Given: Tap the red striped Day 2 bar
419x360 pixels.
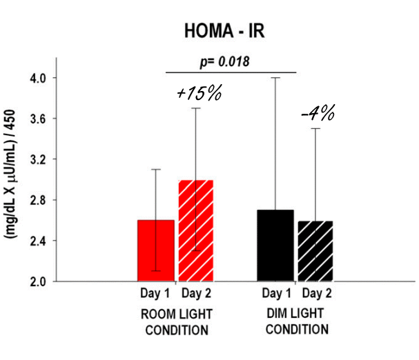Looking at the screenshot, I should [x=195, y=231].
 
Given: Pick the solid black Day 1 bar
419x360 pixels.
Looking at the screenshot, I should [x=275, y=246].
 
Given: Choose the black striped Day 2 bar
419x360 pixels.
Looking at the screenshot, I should [x=315, y=251].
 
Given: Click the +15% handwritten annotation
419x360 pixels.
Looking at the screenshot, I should [x=198, y=92].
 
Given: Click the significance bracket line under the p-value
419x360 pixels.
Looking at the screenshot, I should [x=231, y=72].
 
